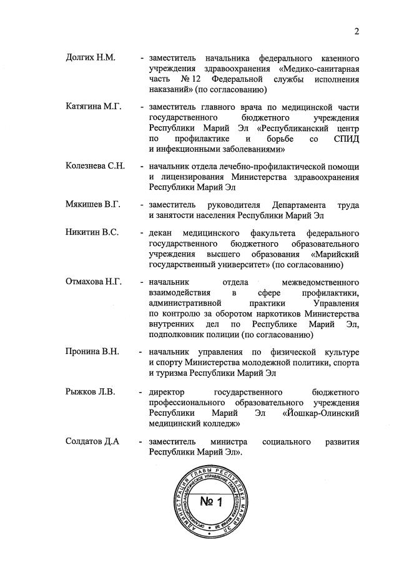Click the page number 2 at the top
point(357,32)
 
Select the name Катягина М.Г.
point(94,107)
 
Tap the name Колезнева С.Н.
point(96,165)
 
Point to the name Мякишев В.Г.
point(93,204)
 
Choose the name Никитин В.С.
point(92,233)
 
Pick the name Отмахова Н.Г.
point(94,282)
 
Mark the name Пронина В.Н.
point(92,351)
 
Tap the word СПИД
point(346,139)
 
